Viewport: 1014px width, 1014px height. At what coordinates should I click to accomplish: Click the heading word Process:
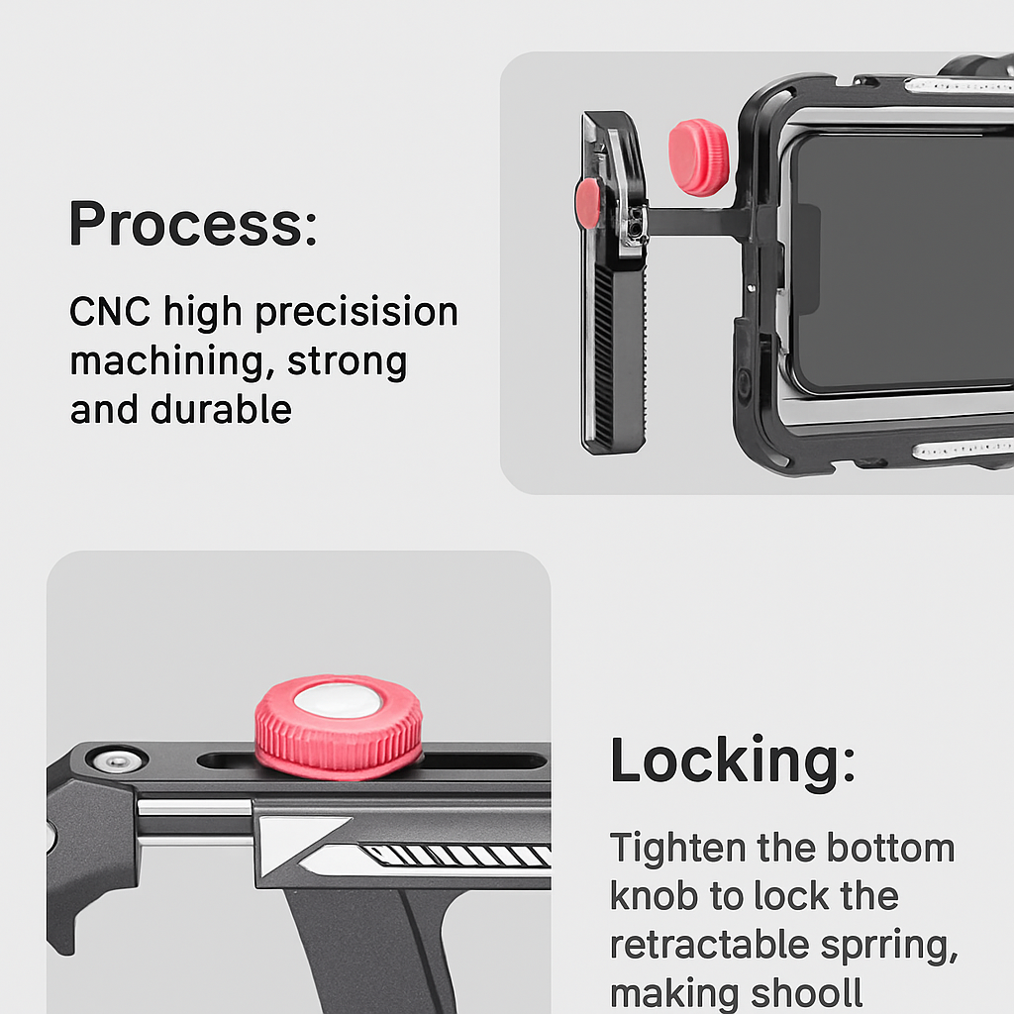pos(193,223)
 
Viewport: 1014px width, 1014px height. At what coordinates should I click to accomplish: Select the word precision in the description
pos(356,313)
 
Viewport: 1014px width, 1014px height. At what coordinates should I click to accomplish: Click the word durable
pos(221,409)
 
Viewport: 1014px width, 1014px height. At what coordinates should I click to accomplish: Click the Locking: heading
pos(733,760)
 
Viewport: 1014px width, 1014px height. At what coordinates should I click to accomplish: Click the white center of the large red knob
pos(336,700)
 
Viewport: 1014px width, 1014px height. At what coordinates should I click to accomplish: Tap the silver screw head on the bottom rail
pos(117,760)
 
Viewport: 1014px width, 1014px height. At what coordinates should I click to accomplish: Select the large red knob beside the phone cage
pos(699,157)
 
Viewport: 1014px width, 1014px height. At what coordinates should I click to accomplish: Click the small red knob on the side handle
pos(588,204)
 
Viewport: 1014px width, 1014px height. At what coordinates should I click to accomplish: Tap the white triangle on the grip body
pos(297,842)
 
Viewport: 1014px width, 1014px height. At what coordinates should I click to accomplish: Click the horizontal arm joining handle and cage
pos(696,221)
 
